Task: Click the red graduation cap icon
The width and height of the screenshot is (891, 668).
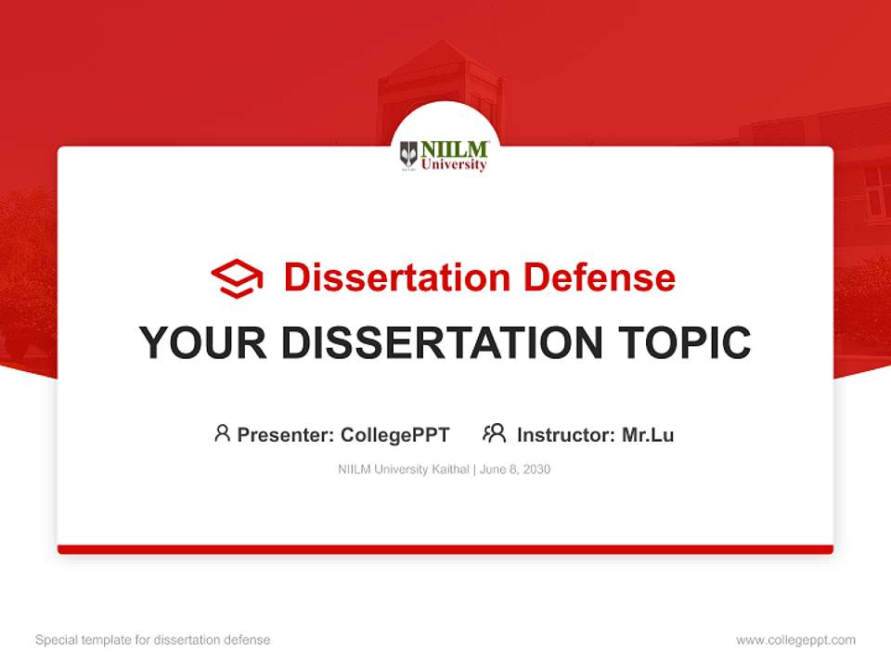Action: [x=237, y=278]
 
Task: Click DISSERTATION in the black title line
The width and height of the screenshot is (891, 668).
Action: [x=442, y=343]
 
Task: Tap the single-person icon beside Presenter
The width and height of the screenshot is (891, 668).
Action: [x=222, y=433]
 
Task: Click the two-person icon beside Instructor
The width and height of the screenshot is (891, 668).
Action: [x=495, y=433]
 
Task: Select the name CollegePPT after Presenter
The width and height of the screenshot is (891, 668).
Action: [x=395, y=434]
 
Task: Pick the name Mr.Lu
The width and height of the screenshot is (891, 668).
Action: [x=648, y=434]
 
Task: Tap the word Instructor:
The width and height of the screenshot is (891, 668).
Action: [x=566, y=434]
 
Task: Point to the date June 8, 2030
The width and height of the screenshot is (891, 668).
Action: [x=516, y=469]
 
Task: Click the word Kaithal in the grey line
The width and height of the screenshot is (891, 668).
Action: [x=451, y=469]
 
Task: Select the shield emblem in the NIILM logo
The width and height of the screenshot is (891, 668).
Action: [x=408, y=154]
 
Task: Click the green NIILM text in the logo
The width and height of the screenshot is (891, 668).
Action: [x=454, y=148]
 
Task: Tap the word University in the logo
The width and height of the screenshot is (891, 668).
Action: [x=454, y=165]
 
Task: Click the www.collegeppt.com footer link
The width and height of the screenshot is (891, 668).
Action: [x=795, y=640]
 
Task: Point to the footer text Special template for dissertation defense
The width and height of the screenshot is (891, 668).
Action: [x=153, y=640]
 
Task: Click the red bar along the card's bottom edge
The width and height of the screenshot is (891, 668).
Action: [x=445, y=549]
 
